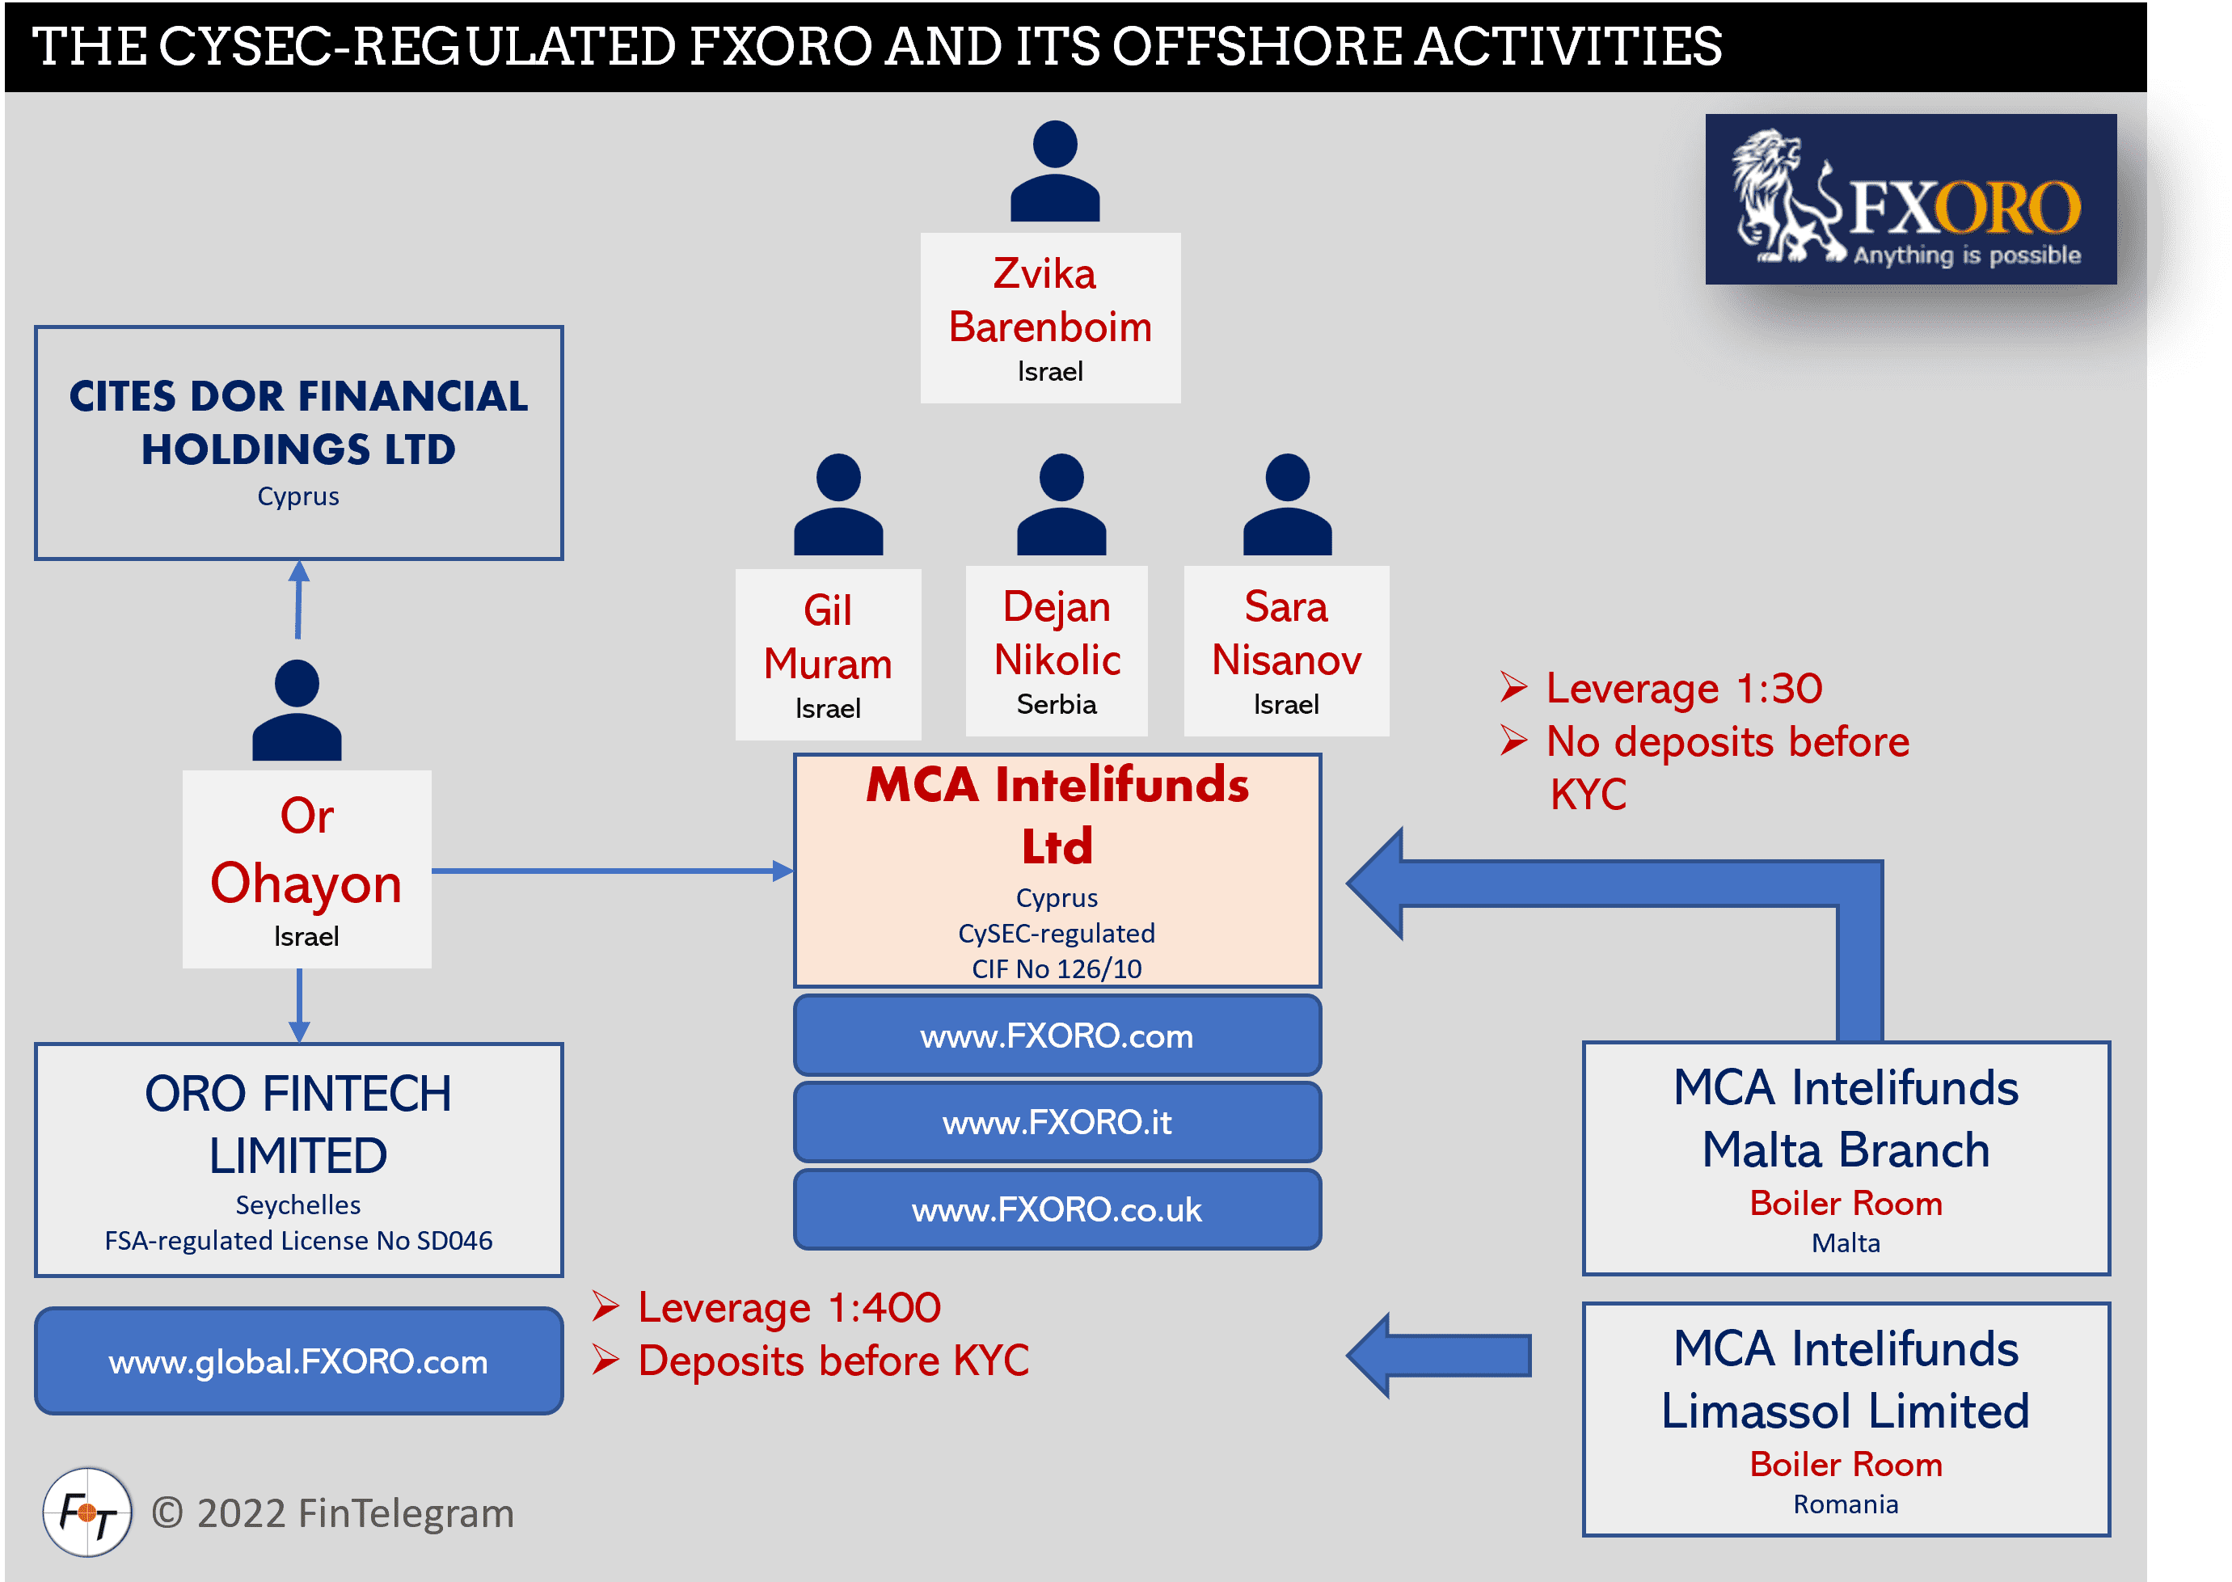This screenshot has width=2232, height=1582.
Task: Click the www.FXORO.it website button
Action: (1057, 1122)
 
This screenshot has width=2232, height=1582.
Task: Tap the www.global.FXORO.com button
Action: (298, 1361)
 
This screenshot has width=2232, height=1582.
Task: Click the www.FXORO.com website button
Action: (1057, 1036)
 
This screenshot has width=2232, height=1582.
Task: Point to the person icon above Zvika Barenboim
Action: (1054, 171)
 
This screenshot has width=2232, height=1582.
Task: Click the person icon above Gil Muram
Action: (838, 504)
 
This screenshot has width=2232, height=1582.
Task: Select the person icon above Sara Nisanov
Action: (1287, 504)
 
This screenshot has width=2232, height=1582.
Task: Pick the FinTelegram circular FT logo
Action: (86, 1512)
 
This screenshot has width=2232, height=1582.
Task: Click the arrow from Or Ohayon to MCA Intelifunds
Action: (612, 871)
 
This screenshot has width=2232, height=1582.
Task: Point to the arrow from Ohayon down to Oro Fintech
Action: (299, 1006)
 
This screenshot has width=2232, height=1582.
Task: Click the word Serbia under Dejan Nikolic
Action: (1056, 704)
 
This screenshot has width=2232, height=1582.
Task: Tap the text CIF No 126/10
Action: (1057, 969)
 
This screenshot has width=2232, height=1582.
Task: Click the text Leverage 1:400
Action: (788, 1307)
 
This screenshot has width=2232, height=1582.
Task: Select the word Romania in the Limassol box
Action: (1846, 1505)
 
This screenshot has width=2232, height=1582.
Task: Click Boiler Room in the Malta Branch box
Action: (1846, 1204)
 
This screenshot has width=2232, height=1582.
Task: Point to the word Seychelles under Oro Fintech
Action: (298, 1205)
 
